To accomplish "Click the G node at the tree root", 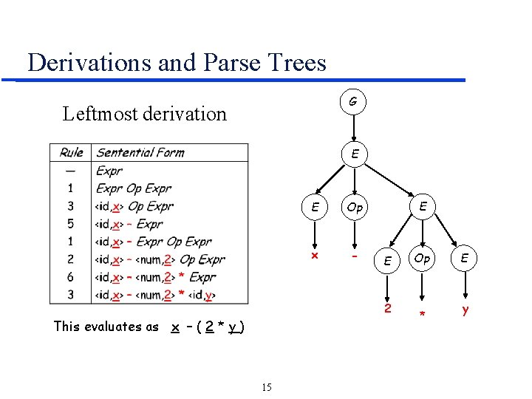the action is coord(354,101).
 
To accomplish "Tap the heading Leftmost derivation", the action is coord(145,114).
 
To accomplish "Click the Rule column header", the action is coord(71,153).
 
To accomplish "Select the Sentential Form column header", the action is coord(140,153).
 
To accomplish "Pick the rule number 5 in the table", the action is coord(71,224).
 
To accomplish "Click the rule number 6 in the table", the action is coord(71,277).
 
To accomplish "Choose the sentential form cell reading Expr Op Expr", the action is coord(134,188).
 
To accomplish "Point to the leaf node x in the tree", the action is coord(314,256).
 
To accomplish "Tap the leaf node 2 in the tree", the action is coord(386,307).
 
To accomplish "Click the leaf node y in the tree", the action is coord(465,310).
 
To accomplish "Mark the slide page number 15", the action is coord(267,387).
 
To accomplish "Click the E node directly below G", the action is coord(355,155).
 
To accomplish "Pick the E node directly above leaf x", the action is coord(315,208).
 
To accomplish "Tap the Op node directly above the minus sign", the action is coord(355,208).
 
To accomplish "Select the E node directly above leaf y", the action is coord(465,259).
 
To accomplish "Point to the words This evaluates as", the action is coord(106,327).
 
